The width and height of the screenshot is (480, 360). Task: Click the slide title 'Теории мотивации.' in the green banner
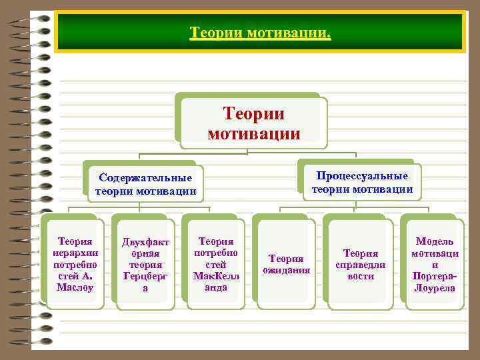point(259,33)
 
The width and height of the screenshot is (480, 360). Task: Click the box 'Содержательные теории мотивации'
point(145,185)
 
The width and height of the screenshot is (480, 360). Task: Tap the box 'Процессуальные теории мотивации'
point(362,183)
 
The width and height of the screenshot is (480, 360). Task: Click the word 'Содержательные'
point(145,178)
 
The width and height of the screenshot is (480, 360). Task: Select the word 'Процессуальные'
point(362,176)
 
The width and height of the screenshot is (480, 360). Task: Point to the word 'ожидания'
point(286,271)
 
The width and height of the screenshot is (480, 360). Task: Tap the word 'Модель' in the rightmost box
point(435,241)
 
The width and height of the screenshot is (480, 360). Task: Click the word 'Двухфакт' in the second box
point(145,241)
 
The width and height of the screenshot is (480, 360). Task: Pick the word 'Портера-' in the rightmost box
point(435,276)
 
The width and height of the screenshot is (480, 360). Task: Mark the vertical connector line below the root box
point(247,151)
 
